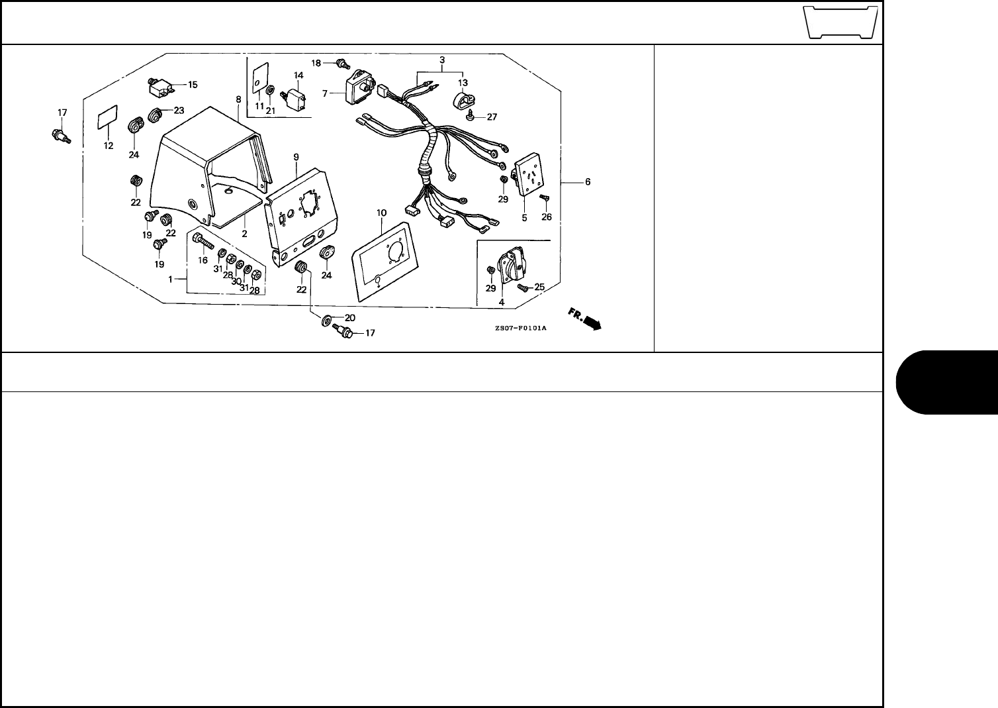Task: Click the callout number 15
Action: point(193,85)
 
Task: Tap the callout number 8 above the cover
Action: point(238,99)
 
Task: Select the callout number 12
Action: point(109,145)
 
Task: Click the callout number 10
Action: point(381,213)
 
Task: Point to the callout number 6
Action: point(588,181)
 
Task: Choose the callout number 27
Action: point(492,117)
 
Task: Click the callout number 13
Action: point(463,82)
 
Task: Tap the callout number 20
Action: point(349,317)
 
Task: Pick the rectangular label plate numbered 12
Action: point(107,120)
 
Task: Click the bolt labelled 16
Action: point(202,242)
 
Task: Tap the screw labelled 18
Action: point(342,64)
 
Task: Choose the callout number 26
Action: point(546,216)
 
